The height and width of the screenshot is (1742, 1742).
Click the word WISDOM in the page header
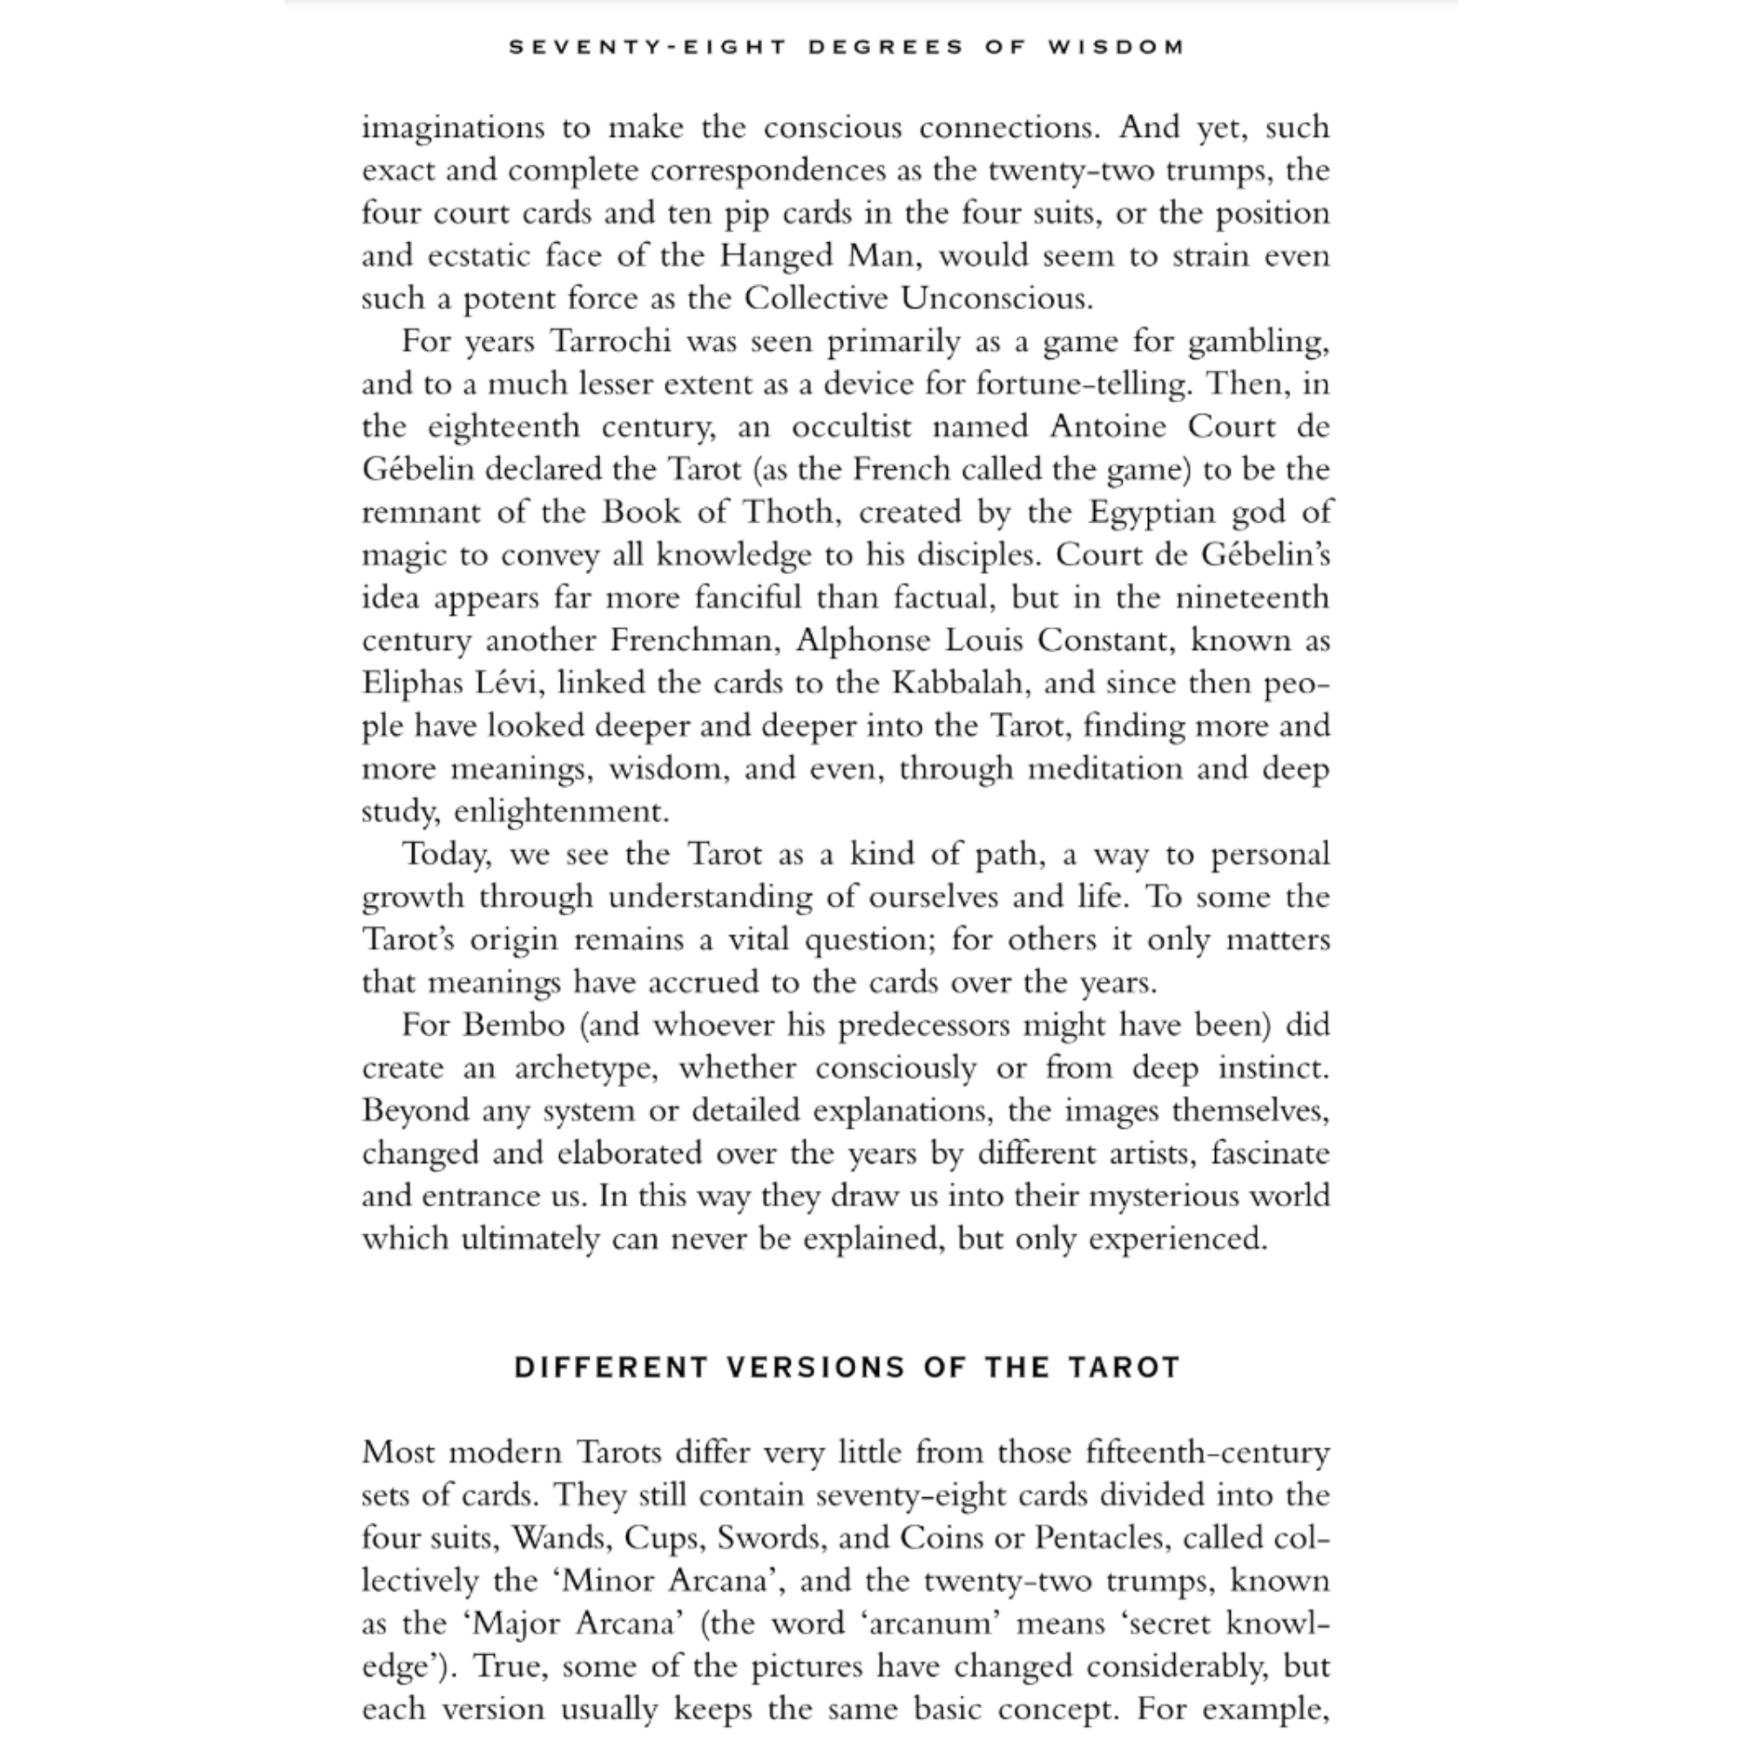(1117, 47)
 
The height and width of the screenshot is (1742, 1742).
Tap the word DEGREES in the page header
(886, 47)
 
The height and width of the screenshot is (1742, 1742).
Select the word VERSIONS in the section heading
(815, 1367)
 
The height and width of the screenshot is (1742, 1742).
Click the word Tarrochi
(605, 341)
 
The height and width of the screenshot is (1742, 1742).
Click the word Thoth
(789, 512)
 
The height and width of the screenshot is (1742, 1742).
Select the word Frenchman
(692, 640)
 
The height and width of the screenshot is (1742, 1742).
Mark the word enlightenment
(561, 813)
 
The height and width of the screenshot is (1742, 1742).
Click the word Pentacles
(1102, 1537)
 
